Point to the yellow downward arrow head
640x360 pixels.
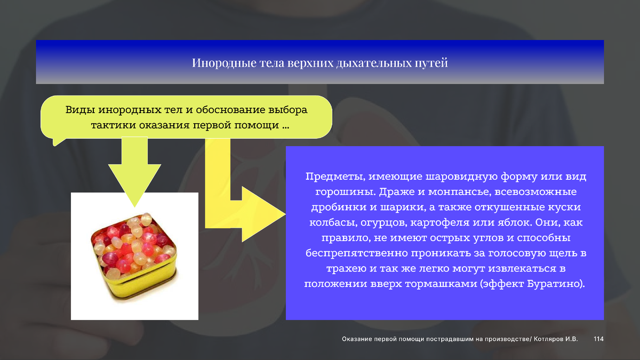click(134, 183)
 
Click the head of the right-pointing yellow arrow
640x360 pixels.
click(261, 214)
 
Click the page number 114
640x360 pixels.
click(598, 339)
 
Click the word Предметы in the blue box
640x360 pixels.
click(335, 177)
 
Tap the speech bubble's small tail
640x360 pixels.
click(57, 142)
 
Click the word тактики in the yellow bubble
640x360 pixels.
click(113, 125)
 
